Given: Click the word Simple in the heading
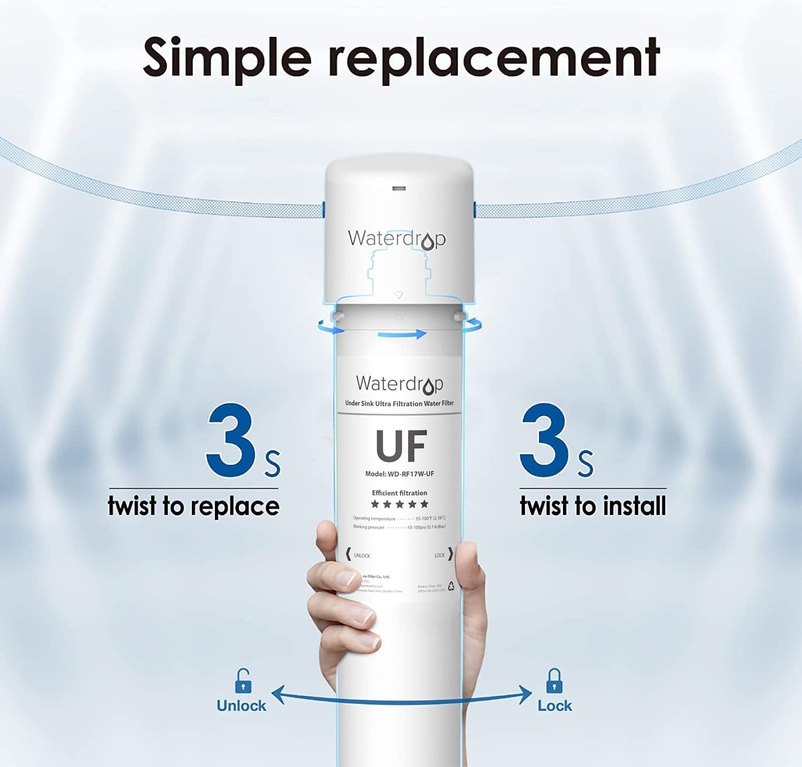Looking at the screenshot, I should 227,58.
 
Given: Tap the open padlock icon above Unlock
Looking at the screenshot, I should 243,681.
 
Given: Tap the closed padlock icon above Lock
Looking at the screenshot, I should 554,681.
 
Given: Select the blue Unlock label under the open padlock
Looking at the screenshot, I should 241,706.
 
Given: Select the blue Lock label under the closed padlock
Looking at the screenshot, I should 554,706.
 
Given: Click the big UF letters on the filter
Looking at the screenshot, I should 401,446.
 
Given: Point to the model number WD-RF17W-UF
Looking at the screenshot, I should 399,474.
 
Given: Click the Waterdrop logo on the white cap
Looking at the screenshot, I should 396,239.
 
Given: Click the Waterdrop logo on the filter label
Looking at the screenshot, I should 399,384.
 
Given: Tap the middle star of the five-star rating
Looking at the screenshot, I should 399,504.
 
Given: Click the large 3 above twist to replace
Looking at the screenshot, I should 231,441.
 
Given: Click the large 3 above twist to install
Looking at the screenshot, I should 544,441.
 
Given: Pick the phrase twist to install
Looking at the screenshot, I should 593,506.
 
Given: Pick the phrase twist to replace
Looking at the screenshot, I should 194,506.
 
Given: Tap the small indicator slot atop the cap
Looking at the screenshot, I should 399,188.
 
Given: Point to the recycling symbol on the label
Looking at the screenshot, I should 451,586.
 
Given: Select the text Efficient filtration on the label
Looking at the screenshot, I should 399,493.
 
